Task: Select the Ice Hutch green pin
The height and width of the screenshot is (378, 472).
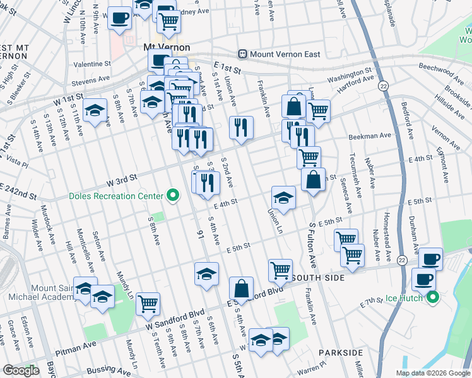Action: [432, 297]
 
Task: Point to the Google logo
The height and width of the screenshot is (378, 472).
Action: [21, 370]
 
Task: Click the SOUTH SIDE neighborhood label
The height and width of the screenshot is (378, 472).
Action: [319, 277]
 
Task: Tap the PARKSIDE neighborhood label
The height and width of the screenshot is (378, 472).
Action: [340, 352]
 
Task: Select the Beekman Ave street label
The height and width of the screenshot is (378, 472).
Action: [369, 136]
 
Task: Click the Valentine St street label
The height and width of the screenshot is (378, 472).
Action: [91, 64]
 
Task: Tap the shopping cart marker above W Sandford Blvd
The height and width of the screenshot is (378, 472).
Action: [148, 304]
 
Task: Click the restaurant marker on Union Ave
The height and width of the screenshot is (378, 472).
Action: [241, 127]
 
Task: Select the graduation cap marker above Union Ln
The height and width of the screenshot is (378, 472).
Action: [283, 197]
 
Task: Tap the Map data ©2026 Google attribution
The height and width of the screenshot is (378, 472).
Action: [432, 373]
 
